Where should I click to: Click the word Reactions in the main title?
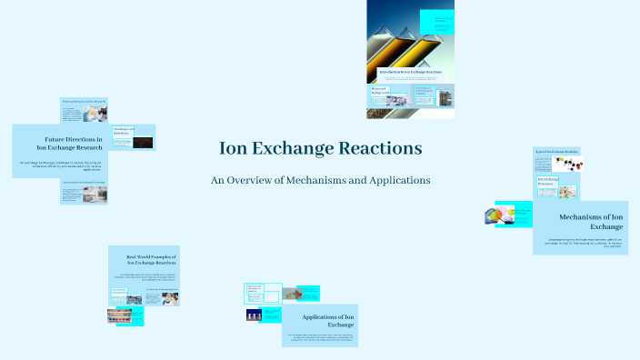[378, 147]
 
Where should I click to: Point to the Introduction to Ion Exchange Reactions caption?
[409, 70]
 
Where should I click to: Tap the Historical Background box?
[380, 91]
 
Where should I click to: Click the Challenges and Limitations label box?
[124, 132]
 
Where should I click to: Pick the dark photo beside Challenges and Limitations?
[144, 143]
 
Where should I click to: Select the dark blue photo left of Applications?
[254, 315]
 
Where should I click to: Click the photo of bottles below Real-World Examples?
[125, 316]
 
